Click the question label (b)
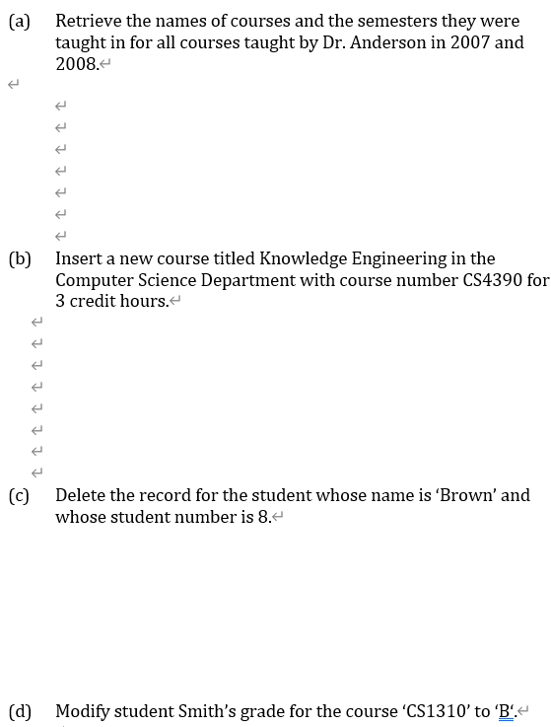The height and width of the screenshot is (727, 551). point(19,259)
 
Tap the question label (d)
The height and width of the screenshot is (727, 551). point(19,711)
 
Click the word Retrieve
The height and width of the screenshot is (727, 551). point(88,21)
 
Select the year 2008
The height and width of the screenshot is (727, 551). point(76,63)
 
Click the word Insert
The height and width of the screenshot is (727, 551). point(79,259)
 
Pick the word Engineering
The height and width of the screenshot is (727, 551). point(394,259)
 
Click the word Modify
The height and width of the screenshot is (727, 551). point(84,711)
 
